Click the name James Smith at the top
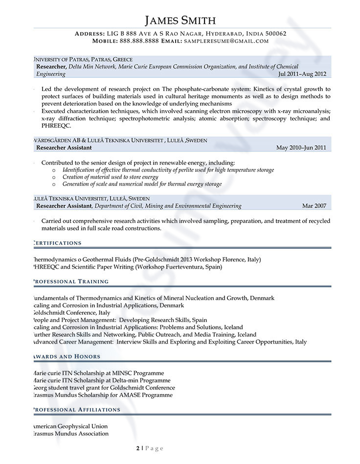coord(180,20)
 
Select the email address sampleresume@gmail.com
coord(226,41)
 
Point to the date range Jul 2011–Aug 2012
coord(302,74)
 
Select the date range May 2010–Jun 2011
coord(301,147)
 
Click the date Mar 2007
coord(314,206)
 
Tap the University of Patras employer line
coord(81,59)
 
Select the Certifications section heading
coord(57,243)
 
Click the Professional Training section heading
coord(70,281)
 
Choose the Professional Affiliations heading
coord(76,409)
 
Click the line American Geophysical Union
coord(69,426)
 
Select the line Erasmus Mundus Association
coord(70,434)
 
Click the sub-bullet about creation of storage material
coord(110,177)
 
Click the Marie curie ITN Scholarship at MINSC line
coord(97,373)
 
